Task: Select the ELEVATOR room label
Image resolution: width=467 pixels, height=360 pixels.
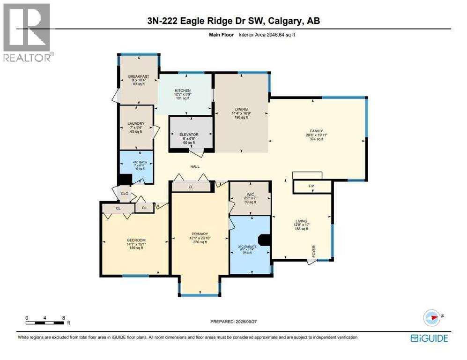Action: [x=189, y=135]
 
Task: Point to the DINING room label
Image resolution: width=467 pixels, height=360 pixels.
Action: [x=241, y=109]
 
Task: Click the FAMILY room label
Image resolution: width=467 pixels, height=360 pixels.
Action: [x=316, y=131]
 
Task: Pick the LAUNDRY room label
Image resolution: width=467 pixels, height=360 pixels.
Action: [x=135, y=124]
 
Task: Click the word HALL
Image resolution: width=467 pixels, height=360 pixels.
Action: [x=195, y=166]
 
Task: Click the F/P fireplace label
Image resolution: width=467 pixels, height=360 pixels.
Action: [x=311, y=187]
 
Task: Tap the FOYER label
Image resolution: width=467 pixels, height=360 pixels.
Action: [x=314, y=251]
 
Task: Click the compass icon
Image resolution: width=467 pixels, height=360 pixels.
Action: [x=433, y=317]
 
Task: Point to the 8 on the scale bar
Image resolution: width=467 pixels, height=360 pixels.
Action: [x=63, y=317]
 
